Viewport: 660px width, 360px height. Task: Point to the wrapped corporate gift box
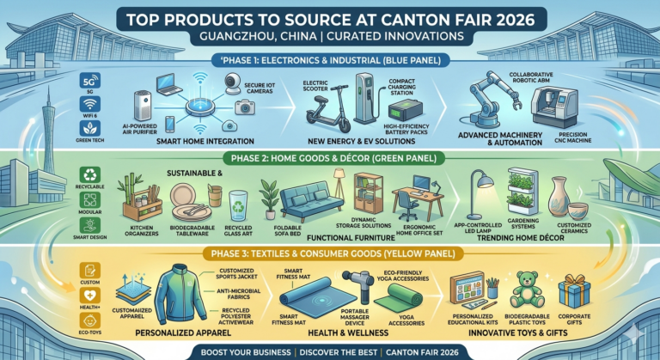pyautogui.click(x=573, y=291)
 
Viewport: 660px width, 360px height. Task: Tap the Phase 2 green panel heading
pyautogui.click(x=332, y=156)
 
